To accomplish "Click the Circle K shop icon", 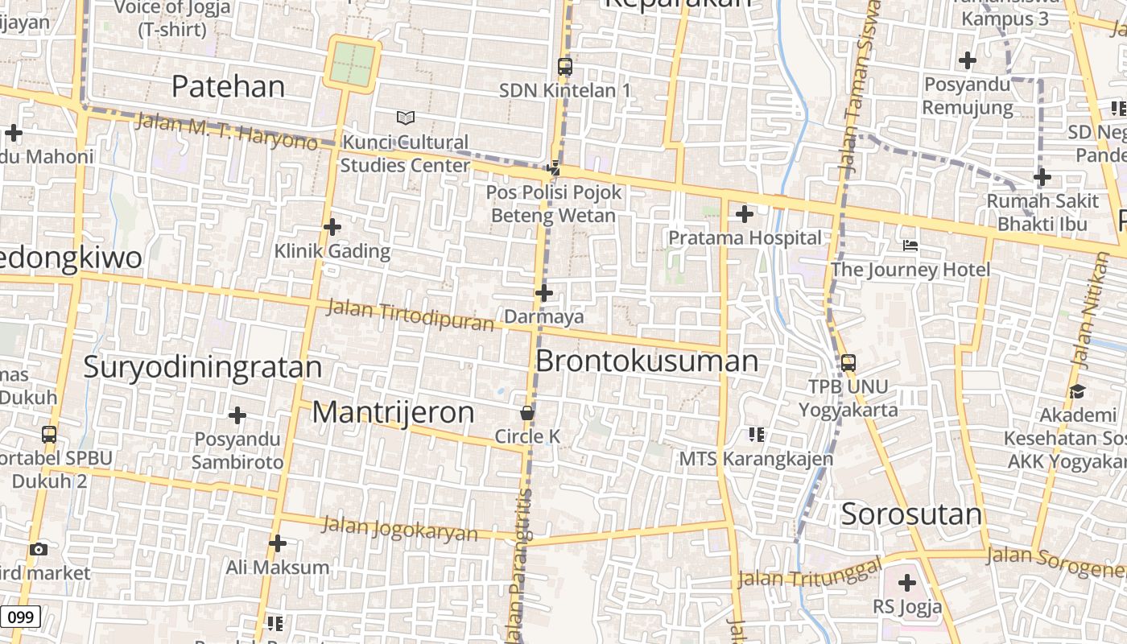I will click(x=527, y=413).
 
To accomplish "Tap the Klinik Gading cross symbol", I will click(x=332, y=227).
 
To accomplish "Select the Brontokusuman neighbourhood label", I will click(x=646, y=361).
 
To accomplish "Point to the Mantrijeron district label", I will click(x=393, y=412).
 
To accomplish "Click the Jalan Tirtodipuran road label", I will click(x=411, y=315).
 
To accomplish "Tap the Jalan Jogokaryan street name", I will click(x=399, y=529).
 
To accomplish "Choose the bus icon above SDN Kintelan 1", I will click(x=565, y=67).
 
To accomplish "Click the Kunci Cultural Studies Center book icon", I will click(x=406, y=118).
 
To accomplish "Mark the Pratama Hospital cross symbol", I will click(x=745, y=214).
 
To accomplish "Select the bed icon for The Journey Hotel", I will click(x=910, y=245).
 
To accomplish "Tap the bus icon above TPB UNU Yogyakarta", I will click(x=848, y=363).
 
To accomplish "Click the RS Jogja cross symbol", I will click(x=907, y=583).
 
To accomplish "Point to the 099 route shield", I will click(x=20, y=617).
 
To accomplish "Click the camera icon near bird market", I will click(x=38, y=550).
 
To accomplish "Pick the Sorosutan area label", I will click(x=911, y=514).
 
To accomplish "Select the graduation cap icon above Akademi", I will click(x=1077, y=391).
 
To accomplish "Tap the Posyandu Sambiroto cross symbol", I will click(x=237, y=415).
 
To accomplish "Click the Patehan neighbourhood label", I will click(x=229, y=86).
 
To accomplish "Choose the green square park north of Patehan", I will click(x=353, y=64).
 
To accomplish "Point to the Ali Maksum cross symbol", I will click(x=278, y=543).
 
